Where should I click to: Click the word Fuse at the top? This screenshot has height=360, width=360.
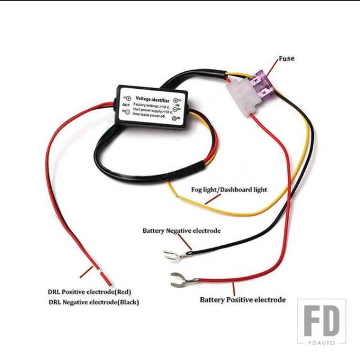(x=287, y=59)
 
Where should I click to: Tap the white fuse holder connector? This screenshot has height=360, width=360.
(x=244, y=95)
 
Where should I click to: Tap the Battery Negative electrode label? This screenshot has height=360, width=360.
(x=181, y=230)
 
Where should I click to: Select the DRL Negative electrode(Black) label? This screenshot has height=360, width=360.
(x=94, y=302)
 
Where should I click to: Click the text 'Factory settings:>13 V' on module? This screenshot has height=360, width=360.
(x=152, y=105)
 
